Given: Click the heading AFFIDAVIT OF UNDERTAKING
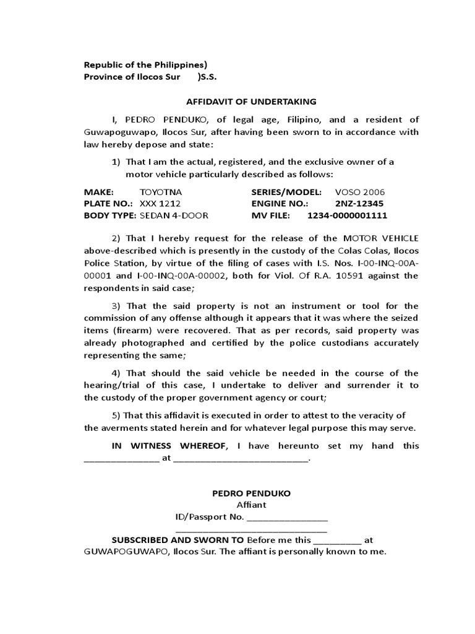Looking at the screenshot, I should [x=251, y=102].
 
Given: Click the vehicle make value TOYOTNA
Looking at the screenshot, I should [x=161, y=192].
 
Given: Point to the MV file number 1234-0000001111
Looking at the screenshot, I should [x=347, y=215].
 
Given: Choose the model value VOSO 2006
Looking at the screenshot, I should [x=359, y=192].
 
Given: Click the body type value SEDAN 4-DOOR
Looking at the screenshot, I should [x=174, y=215].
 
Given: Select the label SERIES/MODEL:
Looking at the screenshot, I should [x=286, y=192].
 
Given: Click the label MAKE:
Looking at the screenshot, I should [x=99, y=192].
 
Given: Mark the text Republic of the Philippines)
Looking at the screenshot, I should [x=145, y=64].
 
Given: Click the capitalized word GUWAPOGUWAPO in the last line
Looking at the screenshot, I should [x=126, y=552].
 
